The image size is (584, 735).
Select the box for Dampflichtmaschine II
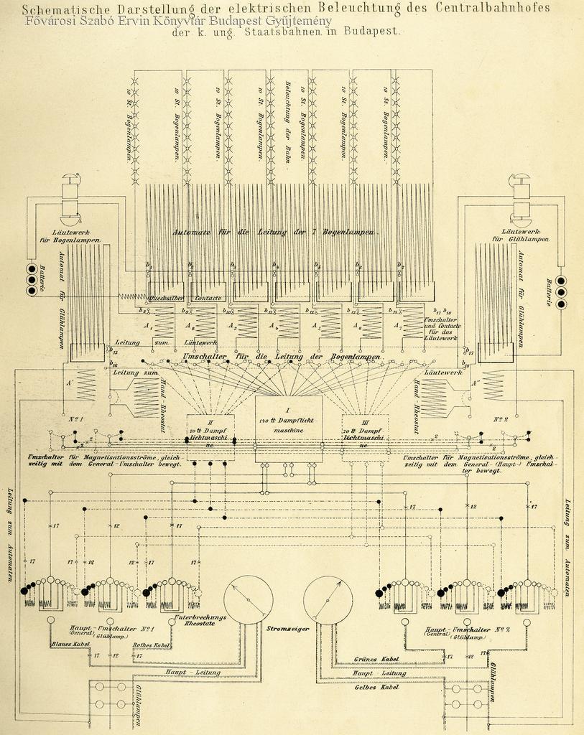pos(210,436)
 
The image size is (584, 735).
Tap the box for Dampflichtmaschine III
pos(365,436)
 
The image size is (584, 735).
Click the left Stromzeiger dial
pos(249,599)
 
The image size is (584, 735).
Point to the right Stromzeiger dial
pos(328,599)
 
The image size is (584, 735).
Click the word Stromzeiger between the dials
pos(287,629)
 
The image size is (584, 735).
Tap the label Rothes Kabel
pos(152,645)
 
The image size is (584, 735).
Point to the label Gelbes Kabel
pos(376,687)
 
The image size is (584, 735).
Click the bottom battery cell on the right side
pos(560,304)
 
